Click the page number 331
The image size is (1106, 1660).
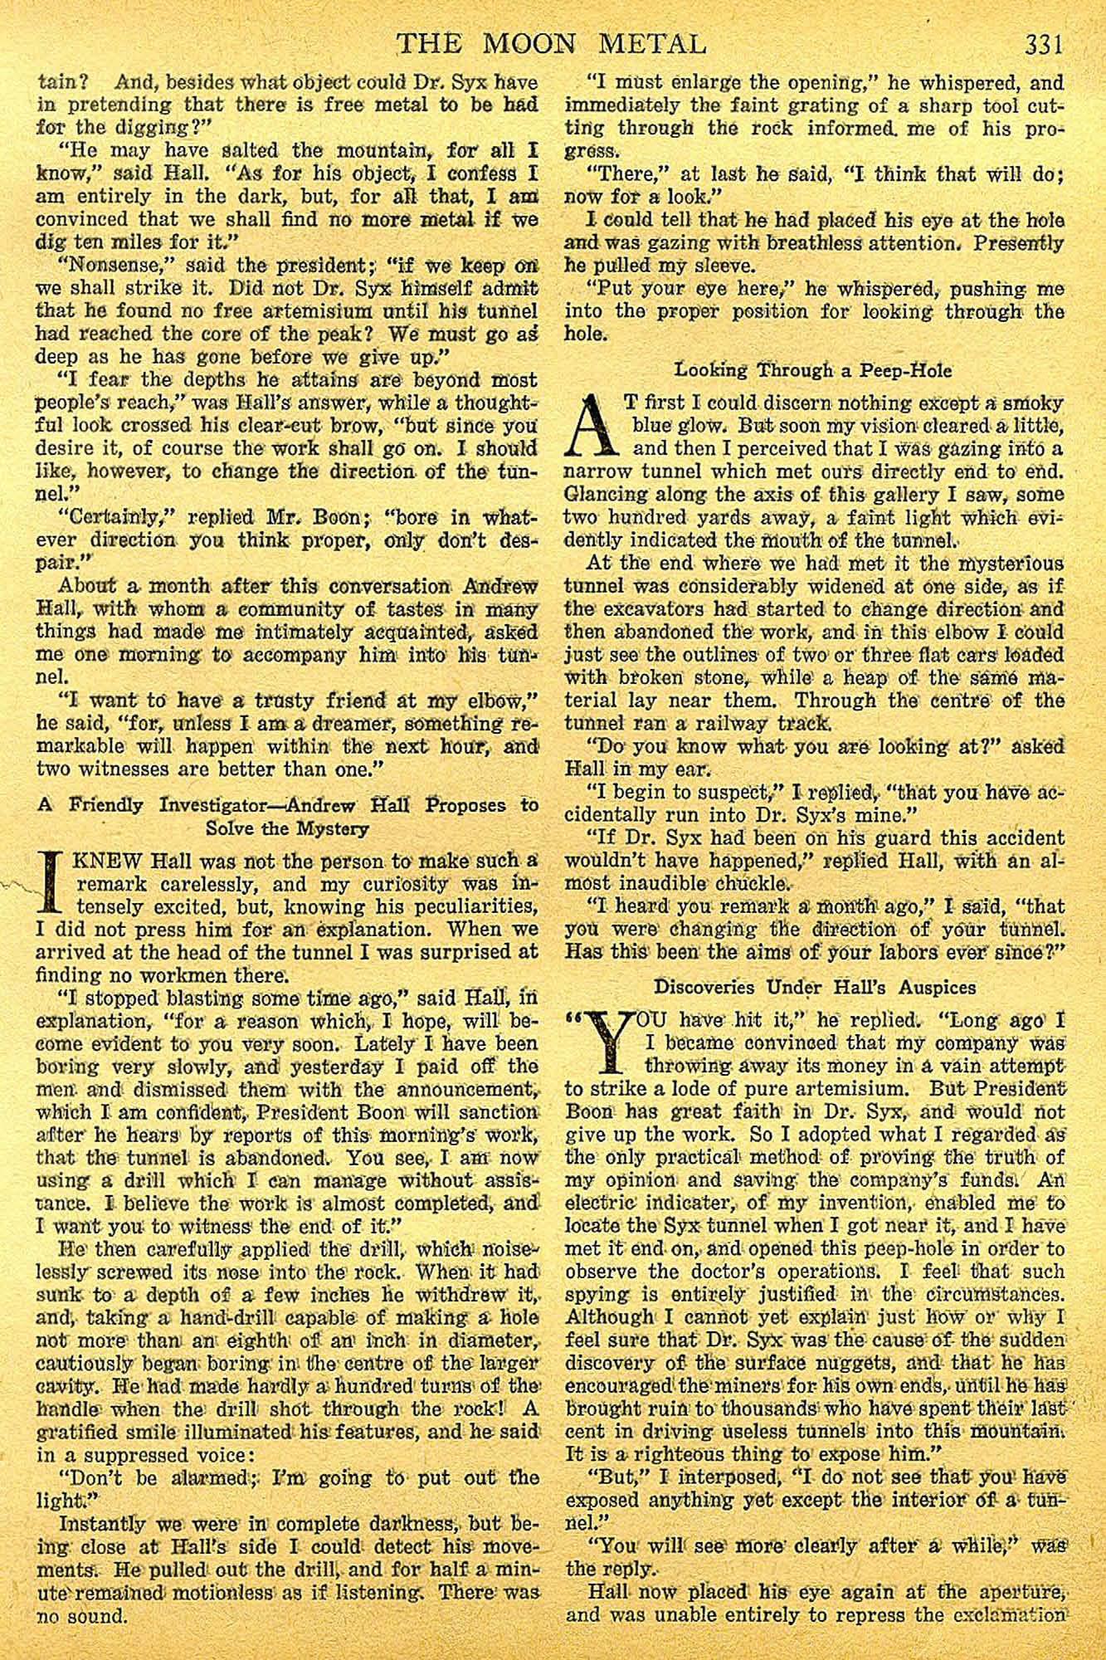coord(1043,42)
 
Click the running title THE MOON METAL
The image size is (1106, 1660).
coord(552,42)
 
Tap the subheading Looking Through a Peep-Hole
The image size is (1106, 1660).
coord(813,369)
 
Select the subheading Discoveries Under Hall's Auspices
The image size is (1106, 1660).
coord(815,987)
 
